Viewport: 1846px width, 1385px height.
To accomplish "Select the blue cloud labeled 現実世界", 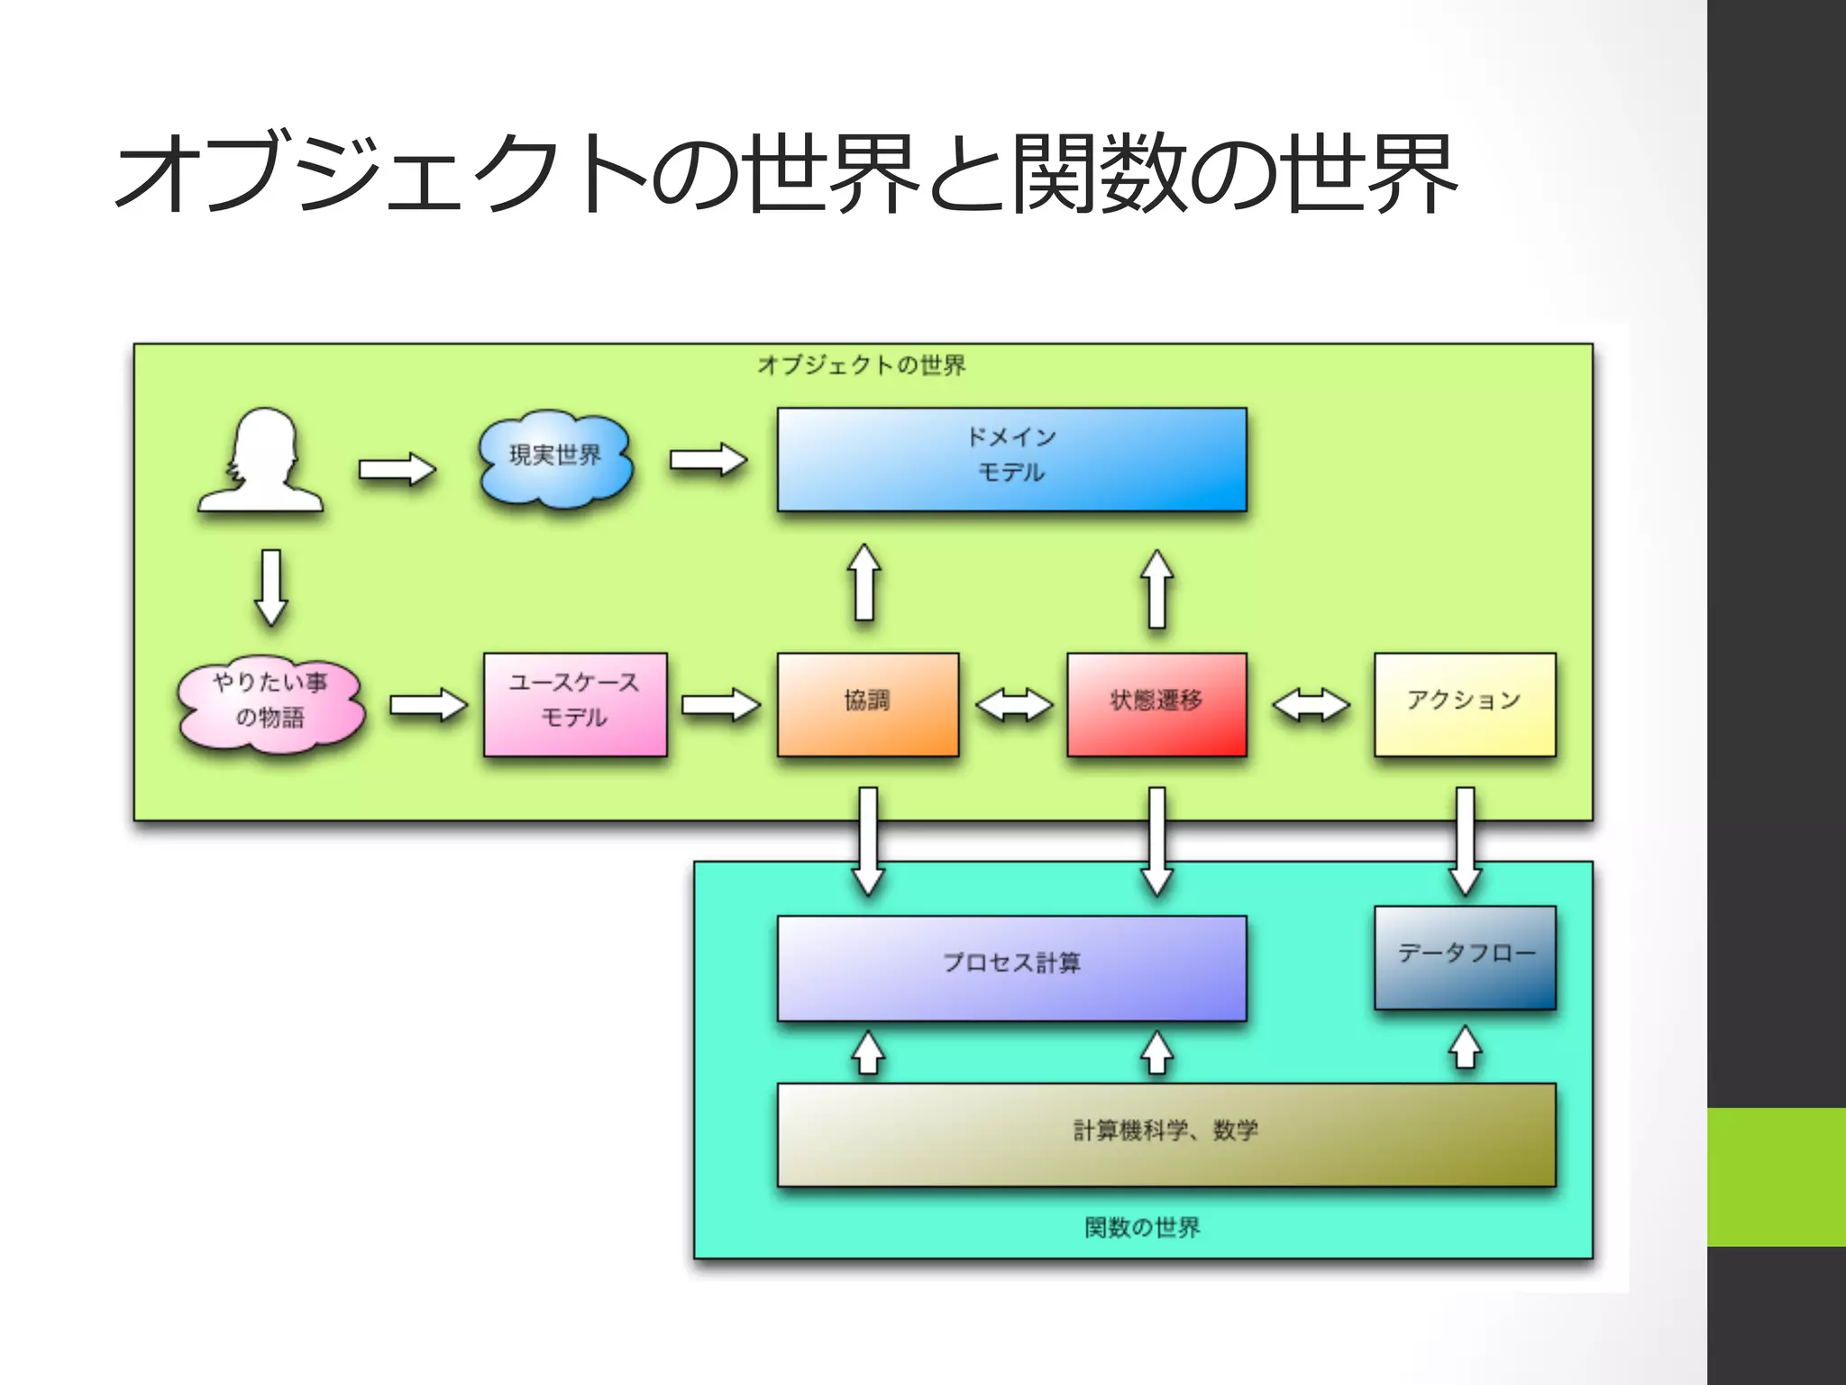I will (x=555, y=458).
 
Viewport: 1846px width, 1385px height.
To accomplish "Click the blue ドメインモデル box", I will (x=1011, y=459).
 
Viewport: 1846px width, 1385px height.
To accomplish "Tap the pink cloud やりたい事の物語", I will (x=270, y=702).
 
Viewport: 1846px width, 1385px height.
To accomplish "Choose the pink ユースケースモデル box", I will (x=575, y=704).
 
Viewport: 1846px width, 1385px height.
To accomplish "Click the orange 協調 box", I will (x=867, y=704).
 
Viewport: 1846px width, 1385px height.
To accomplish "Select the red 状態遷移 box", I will (x=1156, y=704).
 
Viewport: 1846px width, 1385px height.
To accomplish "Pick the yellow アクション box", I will (x=1465, y=704).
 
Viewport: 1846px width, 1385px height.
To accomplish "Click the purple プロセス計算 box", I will (x=1011, y=968).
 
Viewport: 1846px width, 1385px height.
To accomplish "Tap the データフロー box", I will (x=1465, y=957).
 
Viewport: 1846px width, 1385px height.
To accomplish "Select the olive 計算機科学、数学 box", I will (x=1165, y=1134).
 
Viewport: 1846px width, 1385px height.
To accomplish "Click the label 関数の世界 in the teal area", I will (x=1142, y=1227).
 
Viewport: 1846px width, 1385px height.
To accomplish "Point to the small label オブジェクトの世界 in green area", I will (x=862, y=365).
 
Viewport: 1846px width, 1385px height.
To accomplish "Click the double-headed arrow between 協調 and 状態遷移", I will (x=1013, y=705).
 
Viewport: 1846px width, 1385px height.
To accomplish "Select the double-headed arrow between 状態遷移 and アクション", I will (x=1311, y=705).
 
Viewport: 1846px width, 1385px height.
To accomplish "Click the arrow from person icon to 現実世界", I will (x=397, y=470).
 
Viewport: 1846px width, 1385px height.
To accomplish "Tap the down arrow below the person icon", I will (x=271, y=587).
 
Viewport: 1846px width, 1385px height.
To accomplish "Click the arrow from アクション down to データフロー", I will (x=1466, y=840).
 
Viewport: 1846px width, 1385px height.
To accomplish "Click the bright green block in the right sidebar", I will (x=1776, y=1177).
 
